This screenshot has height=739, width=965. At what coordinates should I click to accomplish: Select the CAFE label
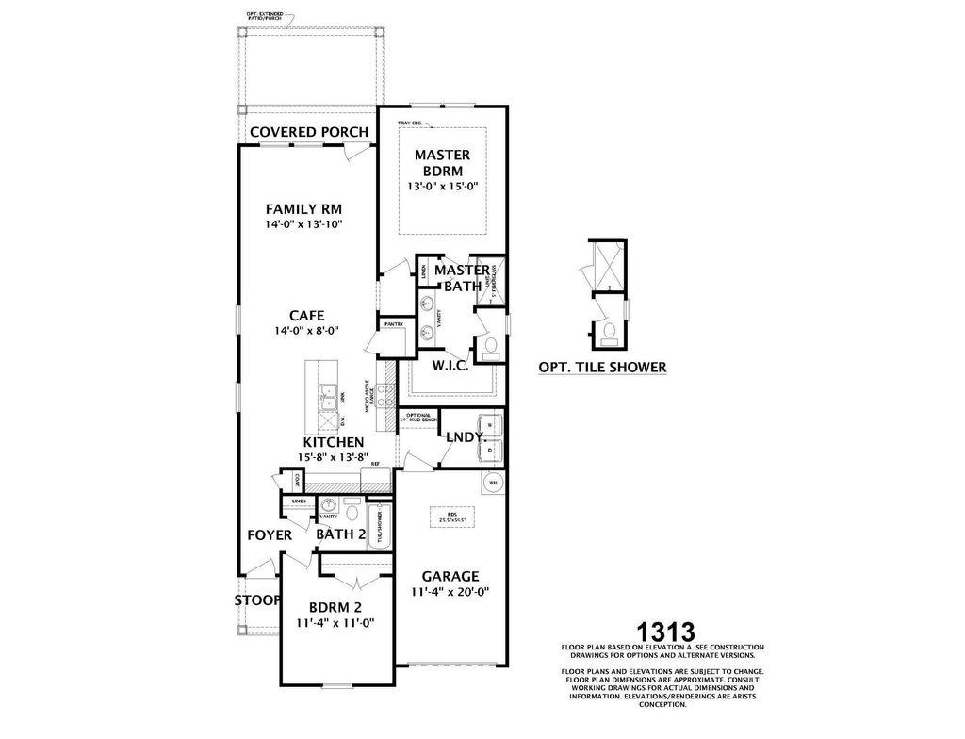tap(307, 316)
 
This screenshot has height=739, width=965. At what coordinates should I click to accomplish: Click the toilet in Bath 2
tap(351, 513)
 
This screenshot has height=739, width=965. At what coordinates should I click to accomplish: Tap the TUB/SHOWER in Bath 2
tap(381, 525)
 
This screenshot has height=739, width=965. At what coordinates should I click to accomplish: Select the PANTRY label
tap(393, 323)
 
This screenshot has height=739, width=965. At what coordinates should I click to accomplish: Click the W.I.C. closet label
tap(450, 365)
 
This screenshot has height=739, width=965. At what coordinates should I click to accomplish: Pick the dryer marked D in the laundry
tap(490, 451)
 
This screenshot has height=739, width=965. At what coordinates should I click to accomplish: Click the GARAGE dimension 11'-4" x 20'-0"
tap(450, 593)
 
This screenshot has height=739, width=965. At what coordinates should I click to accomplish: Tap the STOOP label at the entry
tap(257, 599)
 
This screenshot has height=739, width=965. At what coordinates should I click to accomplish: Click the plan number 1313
tap(665, 631)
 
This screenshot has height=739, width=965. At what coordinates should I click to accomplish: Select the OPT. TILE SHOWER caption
tap(602, 368)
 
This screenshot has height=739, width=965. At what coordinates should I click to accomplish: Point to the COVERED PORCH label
tap(308, 131)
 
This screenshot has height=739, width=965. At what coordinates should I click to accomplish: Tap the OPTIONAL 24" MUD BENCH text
tap(417, 418)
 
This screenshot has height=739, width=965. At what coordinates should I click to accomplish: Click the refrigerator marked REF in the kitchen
tap(374, 465)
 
